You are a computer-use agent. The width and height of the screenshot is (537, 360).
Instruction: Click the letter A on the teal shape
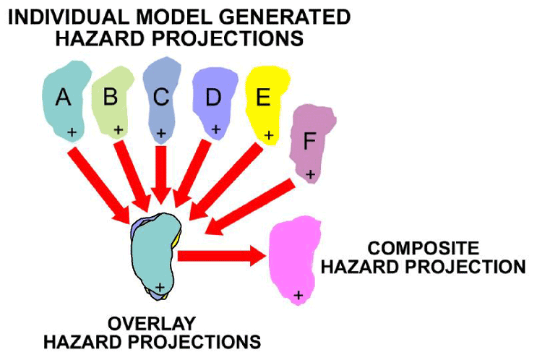point(64,97)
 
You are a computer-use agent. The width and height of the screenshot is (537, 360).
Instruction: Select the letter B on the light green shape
point(111,97)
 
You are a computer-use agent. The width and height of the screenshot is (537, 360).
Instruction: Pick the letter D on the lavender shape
point(212,98)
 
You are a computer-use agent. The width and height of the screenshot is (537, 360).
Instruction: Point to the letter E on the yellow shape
point(263,98)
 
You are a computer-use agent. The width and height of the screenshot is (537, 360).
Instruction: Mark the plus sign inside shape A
point(72,132)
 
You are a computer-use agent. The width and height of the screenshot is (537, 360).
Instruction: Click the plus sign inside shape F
point(310,173)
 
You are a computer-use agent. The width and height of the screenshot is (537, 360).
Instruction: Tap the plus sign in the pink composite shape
point(298,294)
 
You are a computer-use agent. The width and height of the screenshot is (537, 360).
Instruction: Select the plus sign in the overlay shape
point(160,288)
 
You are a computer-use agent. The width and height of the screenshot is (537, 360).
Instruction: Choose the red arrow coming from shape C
point(162,173)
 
